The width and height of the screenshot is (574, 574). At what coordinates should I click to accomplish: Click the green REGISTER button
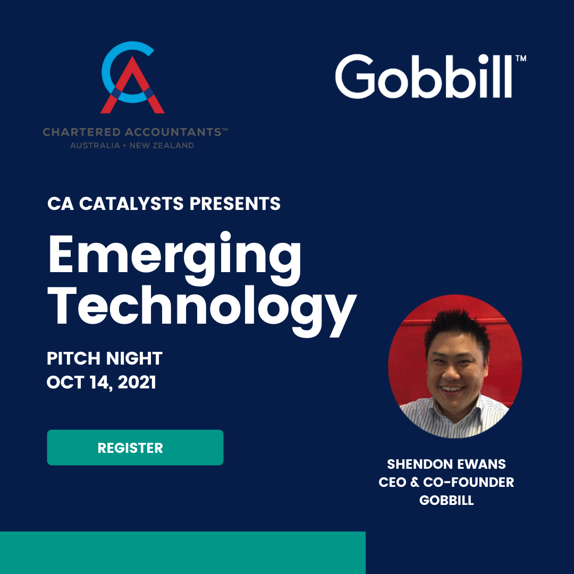tap(135, 448)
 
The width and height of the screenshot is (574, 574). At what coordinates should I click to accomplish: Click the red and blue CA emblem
tap(132, 77)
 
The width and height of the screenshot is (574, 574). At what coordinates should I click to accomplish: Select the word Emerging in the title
tap(175, 258)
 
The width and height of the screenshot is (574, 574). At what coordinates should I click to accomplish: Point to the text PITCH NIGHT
tap(104, 358)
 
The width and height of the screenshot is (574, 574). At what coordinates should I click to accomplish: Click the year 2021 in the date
tap(137, 382)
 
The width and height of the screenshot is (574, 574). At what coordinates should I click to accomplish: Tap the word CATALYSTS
tap(131, 204)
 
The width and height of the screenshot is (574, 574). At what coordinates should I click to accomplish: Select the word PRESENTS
tap(235, 204)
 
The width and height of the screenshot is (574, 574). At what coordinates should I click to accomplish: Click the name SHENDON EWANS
tap(446, 464)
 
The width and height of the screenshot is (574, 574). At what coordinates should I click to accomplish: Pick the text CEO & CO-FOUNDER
tap(446, 482)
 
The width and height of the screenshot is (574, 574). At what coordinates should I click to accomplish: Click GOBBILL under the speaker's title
tap(446, 500)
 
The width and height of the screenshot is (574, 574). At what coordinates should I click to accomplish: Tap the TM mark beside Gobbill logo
tap(521, 58)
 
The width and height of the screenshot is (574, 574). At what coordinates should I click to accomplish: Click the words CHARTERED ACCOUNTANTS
tap(132, 132)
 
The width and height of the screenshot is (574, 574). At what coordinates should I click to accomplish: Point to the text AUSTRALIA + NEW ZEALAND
tap(132, 145)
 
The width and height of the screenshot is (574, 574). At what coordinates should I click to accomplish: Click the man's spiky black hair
tap(457, 327)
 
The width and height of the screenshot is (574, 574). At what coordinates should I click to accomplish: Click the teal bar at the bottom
tap(183, 552)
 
